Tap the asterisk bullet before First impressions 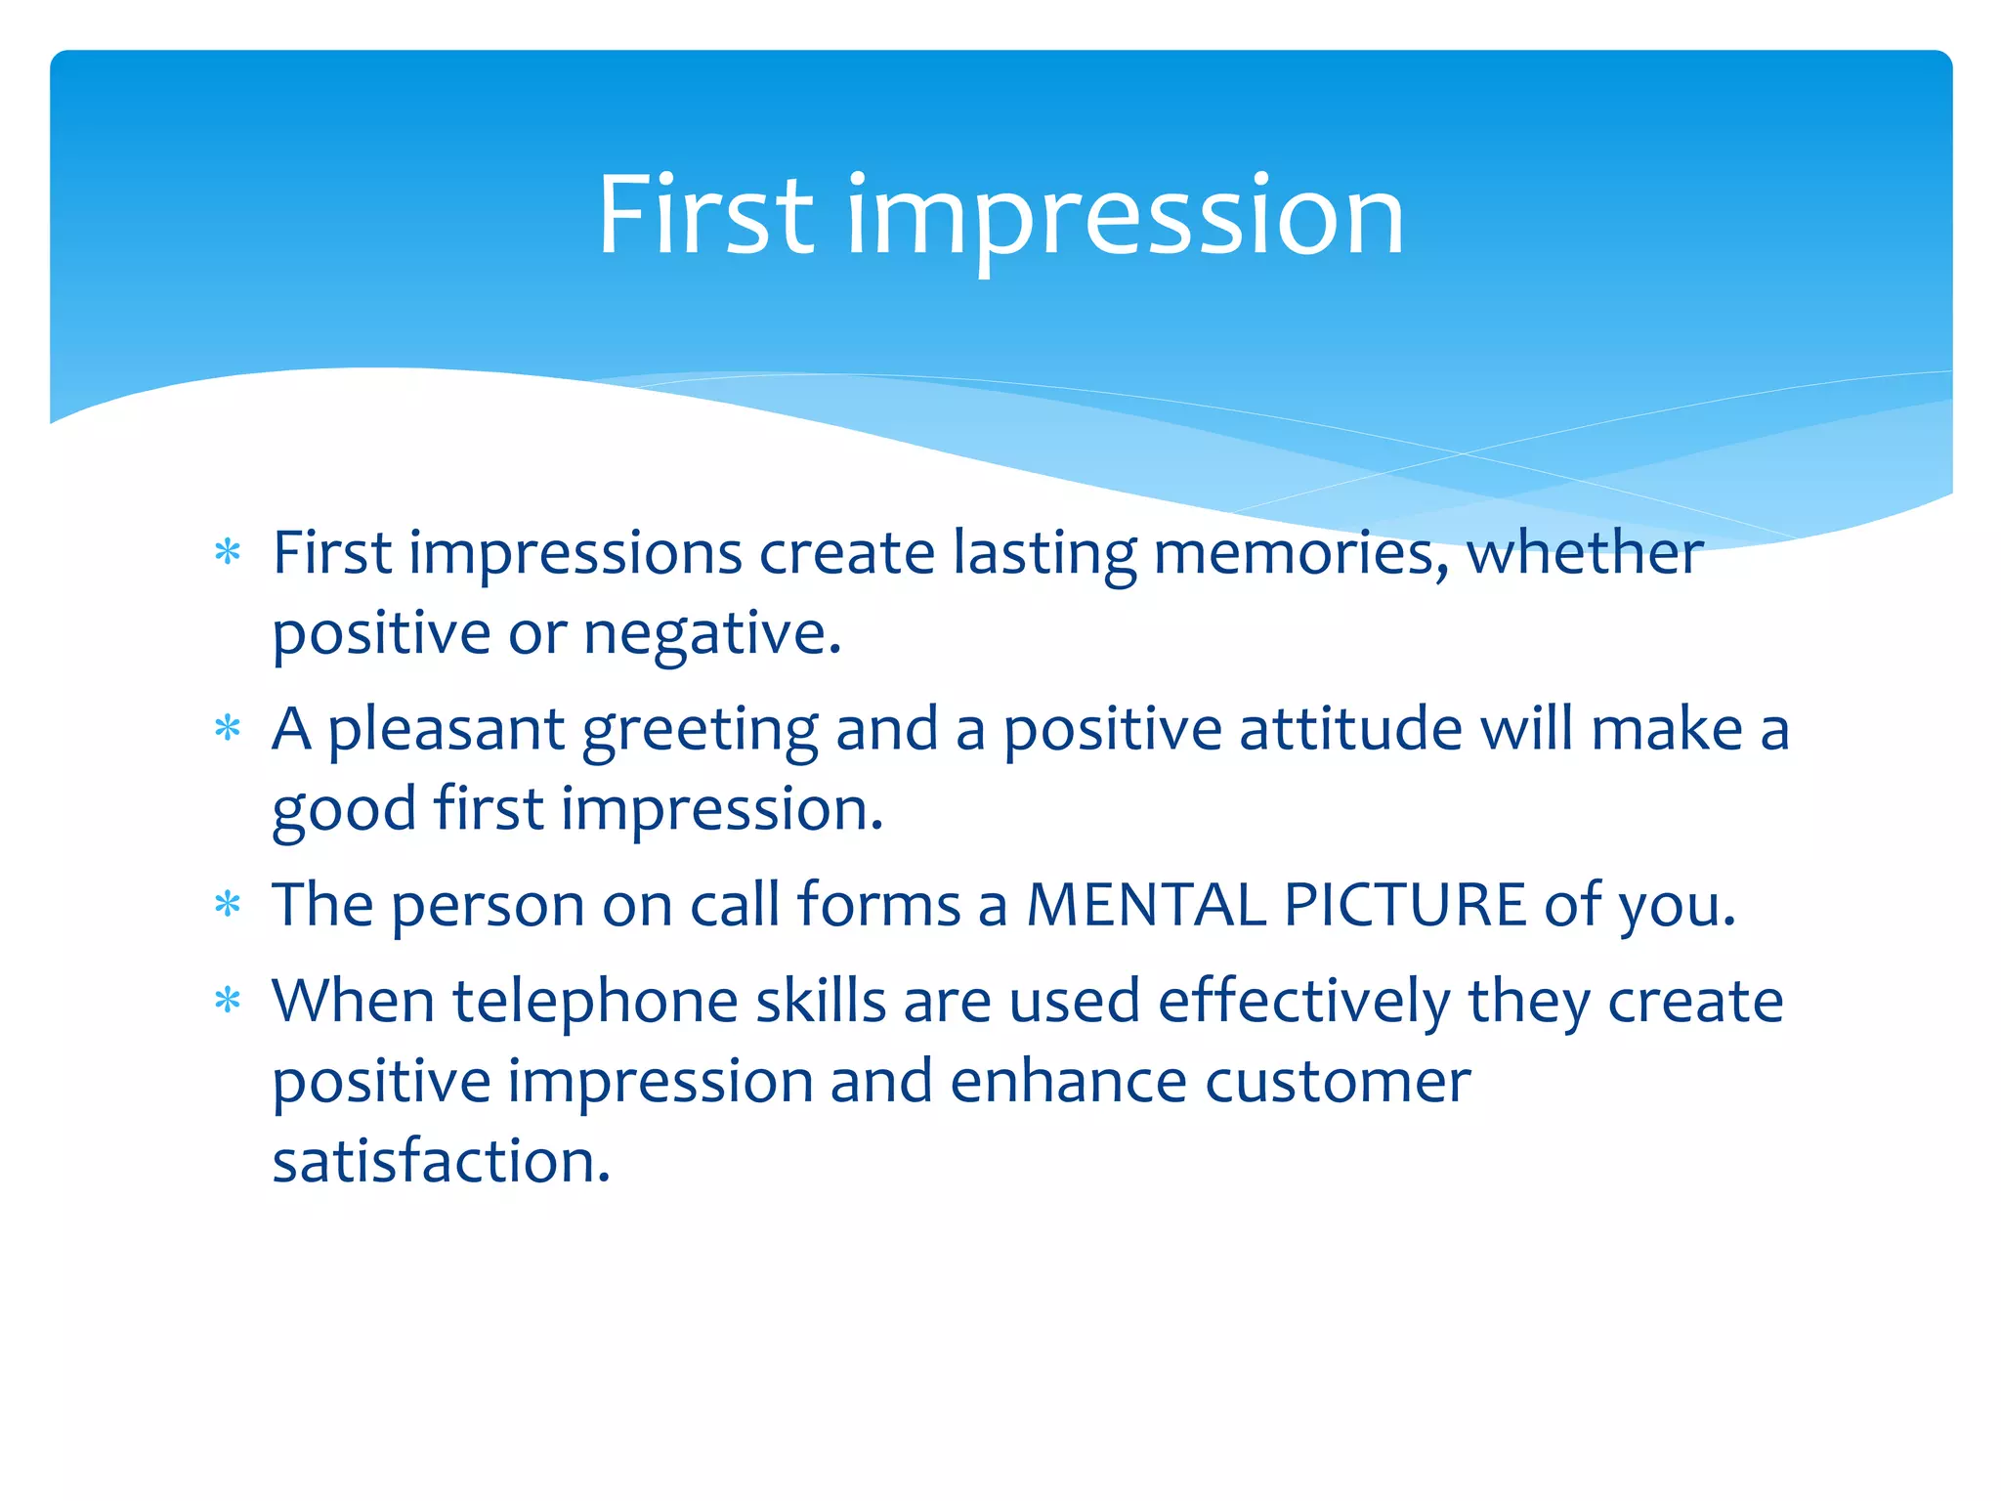(228, 553)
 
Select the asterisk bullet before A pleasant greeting (228, 729)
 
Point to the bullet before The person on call (228, 904)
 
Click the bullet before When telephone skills (228, 1001)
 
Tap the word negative (711, 633)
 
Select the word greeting (700, 731)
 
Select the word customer (1337, 1082)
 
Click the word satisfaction (441, 1161)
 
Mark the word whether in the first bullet (1585, 553)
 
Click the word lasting (1044, 555)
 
